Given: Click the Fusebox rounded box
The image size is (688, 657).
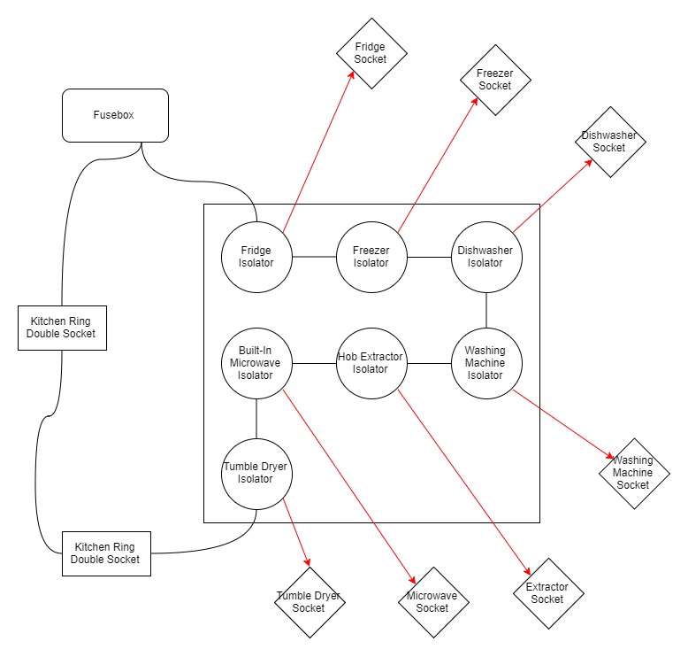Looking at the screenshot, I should pyautogui.click(x=115, y=115).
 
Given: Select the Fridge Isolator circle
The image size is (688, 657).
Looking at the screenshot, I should pyautogui.click(x=256, y=257).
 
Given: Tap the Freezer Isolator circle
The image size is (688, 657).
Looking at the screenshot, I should pyautogui.click(x=371, y=257).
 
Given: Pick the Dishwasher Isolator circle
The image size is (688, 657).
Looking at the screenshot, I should pyautogui.click(x=486, y=257).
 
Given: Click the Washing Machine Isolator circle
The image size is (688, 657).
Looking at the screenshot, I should pyautogui.click(x=486, y=363).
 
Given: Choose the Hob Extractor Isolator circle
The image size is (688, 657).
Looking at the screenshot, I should pyautogui.click(x=371, y=363).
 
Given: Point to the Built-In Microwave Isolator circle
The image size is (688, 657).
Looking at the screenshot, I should pyautogui.click(x=256, y=363).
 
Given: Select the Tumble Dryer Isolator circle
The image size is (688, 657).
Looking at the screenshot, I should pyautogui.click(x=256, y=474).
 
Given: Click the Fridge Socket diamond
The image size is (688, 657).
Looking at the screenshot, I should pyautogui.click(x=371, y=53).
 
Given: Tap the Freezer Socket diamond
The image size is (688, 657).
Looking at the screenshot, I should pyautogui.click(x=495, y=80).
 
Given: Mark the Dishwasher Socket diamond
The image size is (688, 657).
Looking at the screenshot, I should pyautogui.click(x=609, y=142).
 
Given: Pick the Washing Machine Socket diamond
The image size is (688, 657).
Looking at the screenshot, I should pyautogui.click(x=633, y=473).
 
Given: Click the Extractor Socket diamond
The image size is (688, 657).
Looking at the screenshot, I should pyautogui.click(x=548, y=593).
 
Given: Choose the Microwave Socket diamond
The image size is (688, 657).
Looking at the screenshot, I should pyautogui.click(x=432, y=602).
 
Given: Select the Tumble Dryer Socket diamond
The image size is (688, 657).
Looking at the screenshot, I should pyautogui.click(x=309, y=602).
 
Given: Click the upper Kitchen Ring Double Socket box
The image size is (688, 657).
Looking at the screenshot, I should pyautogui.click(x=61, y=327).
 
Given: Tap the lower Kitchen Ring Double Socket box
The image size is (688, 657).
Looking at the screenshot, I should pyautogui.click(x=106, y=553).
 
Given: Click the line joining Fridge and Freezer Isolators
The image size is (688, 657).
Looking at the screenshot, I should pyautogui.click(x=314, y=257).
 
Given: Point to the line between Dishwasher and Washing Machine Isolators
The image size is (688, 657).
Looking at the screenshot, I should pyautogui.click(x=486, y=310).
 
